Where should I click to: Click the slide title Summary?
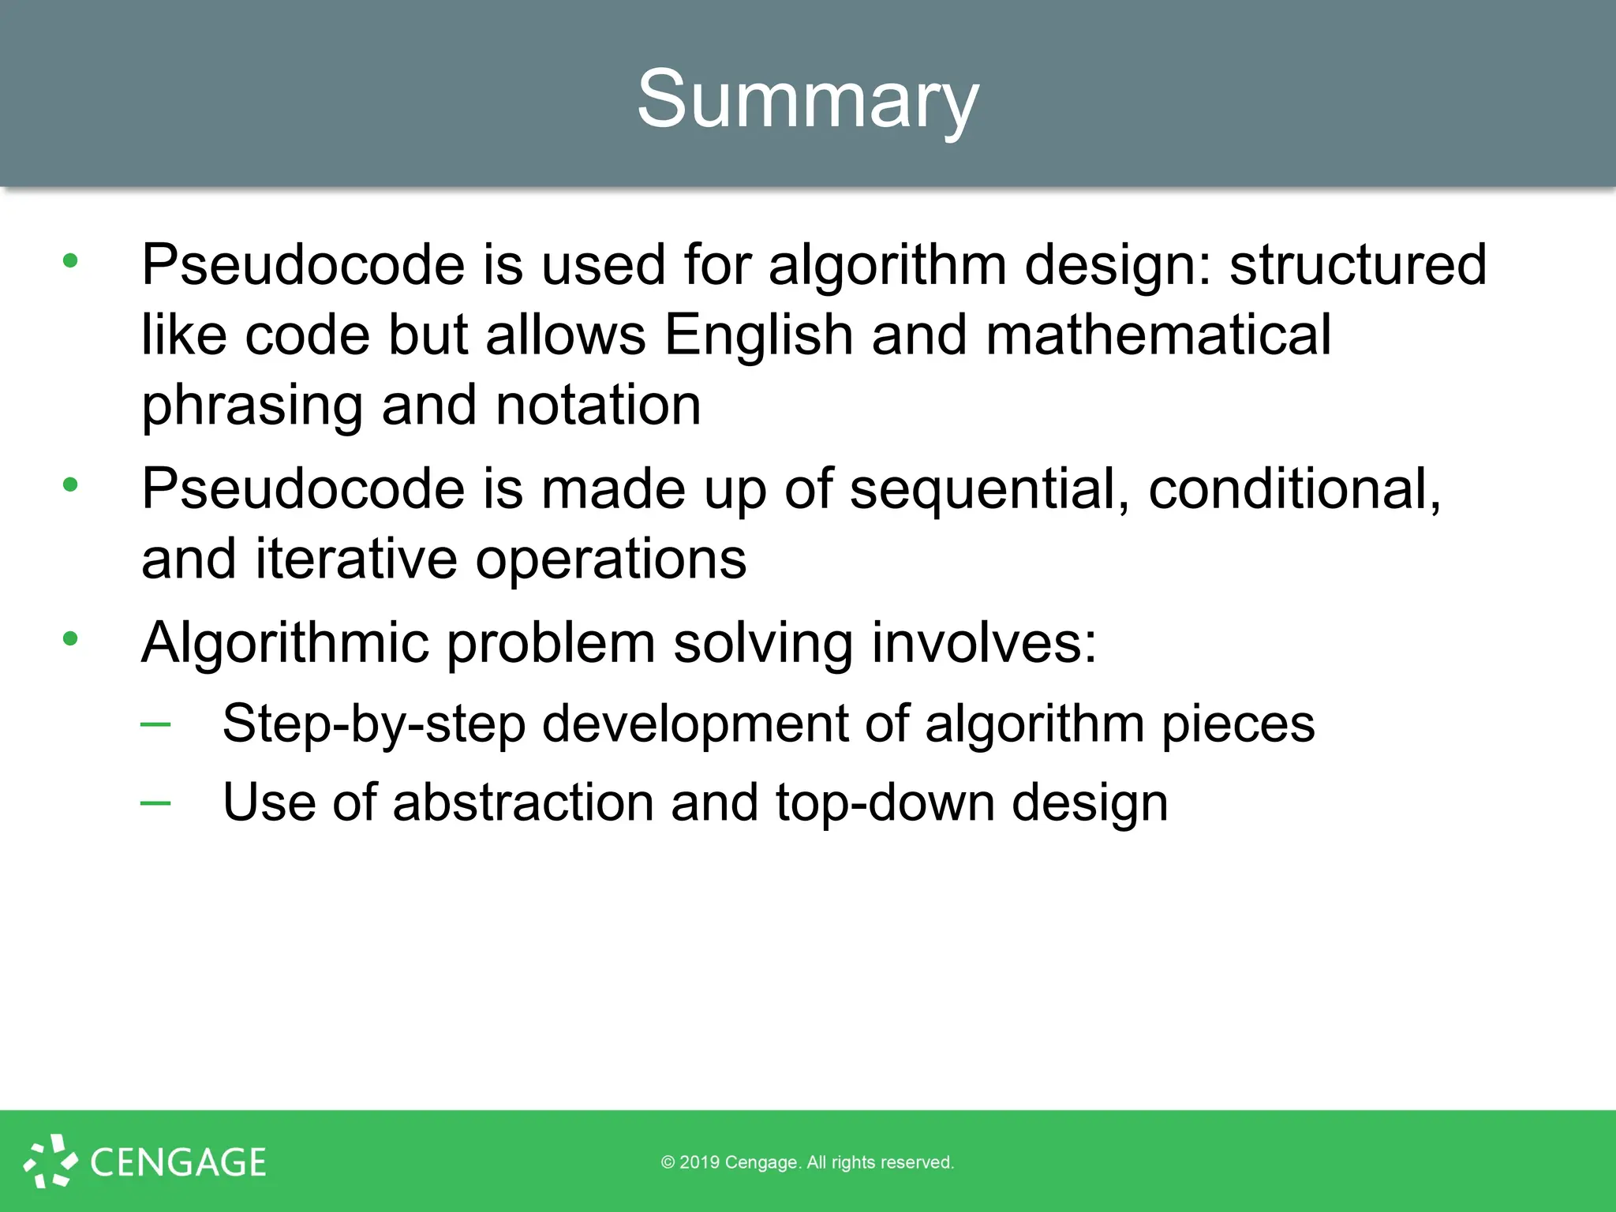[807, 99]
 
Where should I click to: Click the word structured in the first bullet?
[1358, 264]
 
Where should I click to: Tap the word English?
[758, 335]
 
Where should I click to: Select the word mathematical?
[1158, 335]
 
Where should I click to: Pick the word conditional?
[1294, 488]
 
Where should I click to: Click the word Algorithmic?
[285, 642]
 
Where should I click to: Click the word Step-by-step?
[374, 724]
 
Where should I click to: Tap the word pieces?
[1238, 724]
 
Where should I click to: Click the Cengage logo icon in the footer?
[50, 1161]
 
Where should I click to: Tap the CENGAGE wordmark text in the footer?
[178, 1162]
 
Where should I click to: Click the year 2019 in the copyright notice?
[699, 1162]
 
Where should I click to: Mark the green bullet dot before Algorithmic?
[70, 638]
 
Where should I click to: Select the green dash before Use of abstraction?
[155, 803]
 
